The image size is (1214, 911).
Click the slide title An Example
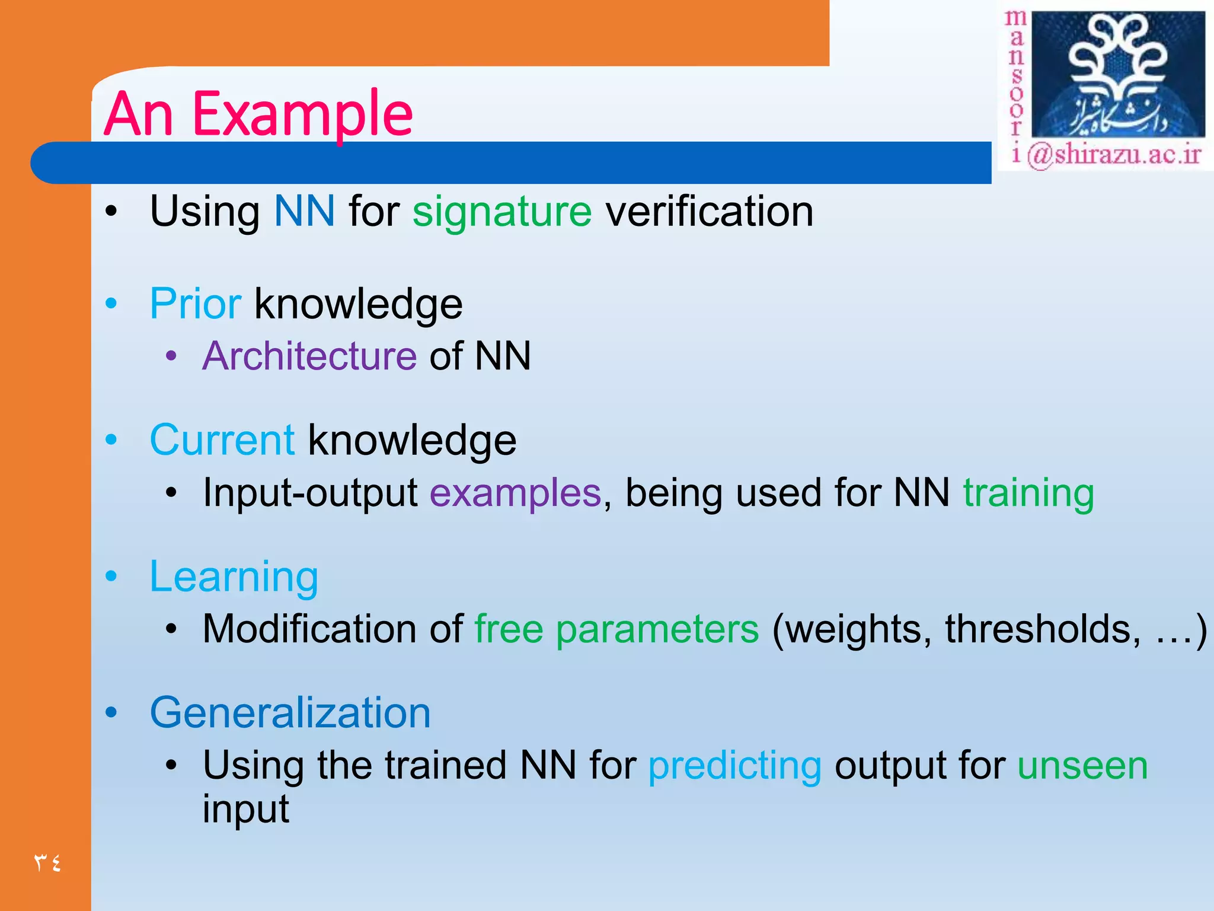click(x=258, y=114)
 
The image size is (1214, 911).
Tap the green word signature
click(x=501, y=212)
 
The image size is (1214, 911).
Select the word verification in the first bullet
click(x=709, y=211)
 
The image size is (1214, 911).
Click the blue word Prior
click(x=195, y=304)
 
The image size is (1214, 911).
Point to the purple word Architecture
click(x=309, y=356)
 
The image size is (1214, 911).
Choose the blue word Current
click(x=222, y=441)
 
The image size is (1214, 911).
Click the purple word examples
click(x=515, y=493)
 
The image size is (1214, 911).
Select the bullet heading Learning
click(x=234, y=577)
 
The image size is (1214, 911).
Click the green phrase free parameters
click(x=616, y=629)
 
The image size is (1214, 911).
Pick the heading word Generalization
click(x=290, y=713)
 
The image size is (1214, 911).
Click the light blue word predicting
click(x=734, y=766)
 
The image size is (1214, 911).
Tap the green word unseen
click(x=1082, y=766)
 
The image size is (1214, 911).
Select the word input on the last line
click(x=245, y=809)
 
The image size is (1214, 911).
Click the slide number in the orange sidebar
click(x=47, y=862)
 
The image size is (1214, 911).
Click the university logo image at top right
click(x=1117, y=74)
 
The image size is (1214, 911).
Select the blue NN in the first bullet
click(x=304, y=211)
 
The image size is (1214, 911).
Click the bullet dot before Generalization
click(x=111, y=712)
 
